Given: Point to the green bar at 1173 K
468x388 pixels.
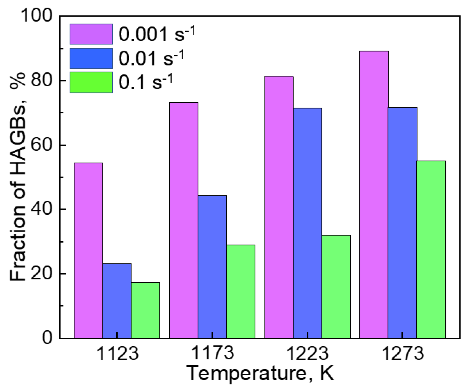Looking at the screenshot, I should tap(240, 291).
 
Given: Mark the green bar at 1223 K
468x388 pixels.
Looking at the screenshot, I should tap(336, 286).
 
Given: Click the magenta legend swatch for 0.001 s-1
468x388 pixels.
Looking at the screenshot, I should tap(91, 34).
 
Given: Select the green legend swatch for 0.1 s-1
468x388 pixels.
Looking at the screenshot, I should tap(91, 82).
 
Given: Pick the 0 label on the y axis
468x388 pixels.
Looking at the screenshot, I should tap(47, 338).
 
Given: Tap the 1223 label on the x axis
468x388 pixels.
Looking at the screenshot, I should tap(307, 353).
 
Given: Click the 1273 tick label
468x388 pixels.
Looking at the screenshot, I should tap(403, 353).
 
